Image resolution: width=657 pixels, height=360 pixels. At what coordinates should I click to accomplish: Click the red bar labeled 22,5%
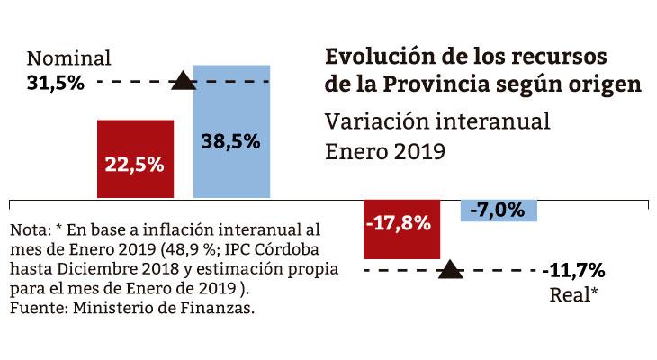pos(135,158)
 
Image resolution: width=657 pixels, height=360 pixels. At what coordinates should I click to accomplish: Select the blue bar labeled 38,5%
pos(232,130)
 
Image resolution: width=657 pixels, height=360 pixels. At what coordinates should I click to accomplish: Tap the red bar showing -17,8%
pos(402,229)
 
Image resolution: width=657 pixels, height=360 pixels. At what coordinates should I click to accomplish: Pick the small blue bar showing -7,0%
pos(499,210)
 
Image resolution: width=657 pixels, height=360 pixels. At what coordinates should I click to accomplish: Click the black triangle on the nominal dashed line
pos(183,82)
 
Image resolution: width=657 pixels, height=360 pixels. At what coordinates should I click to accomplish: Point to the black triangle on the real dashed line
pos(450,269)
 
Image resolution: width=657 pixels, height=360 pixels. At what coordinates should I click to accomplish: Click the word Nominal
pos(68,59)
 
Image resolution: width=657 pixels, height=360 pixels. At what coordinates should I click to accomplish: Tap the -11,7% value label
pos(573,270)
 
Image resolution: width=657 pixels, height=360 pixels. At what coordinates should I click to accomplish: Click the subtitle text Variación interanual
pos(436,121)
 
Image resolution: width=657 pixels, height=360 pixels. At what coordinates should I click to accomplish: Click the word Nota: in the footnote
pos(31,231)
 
